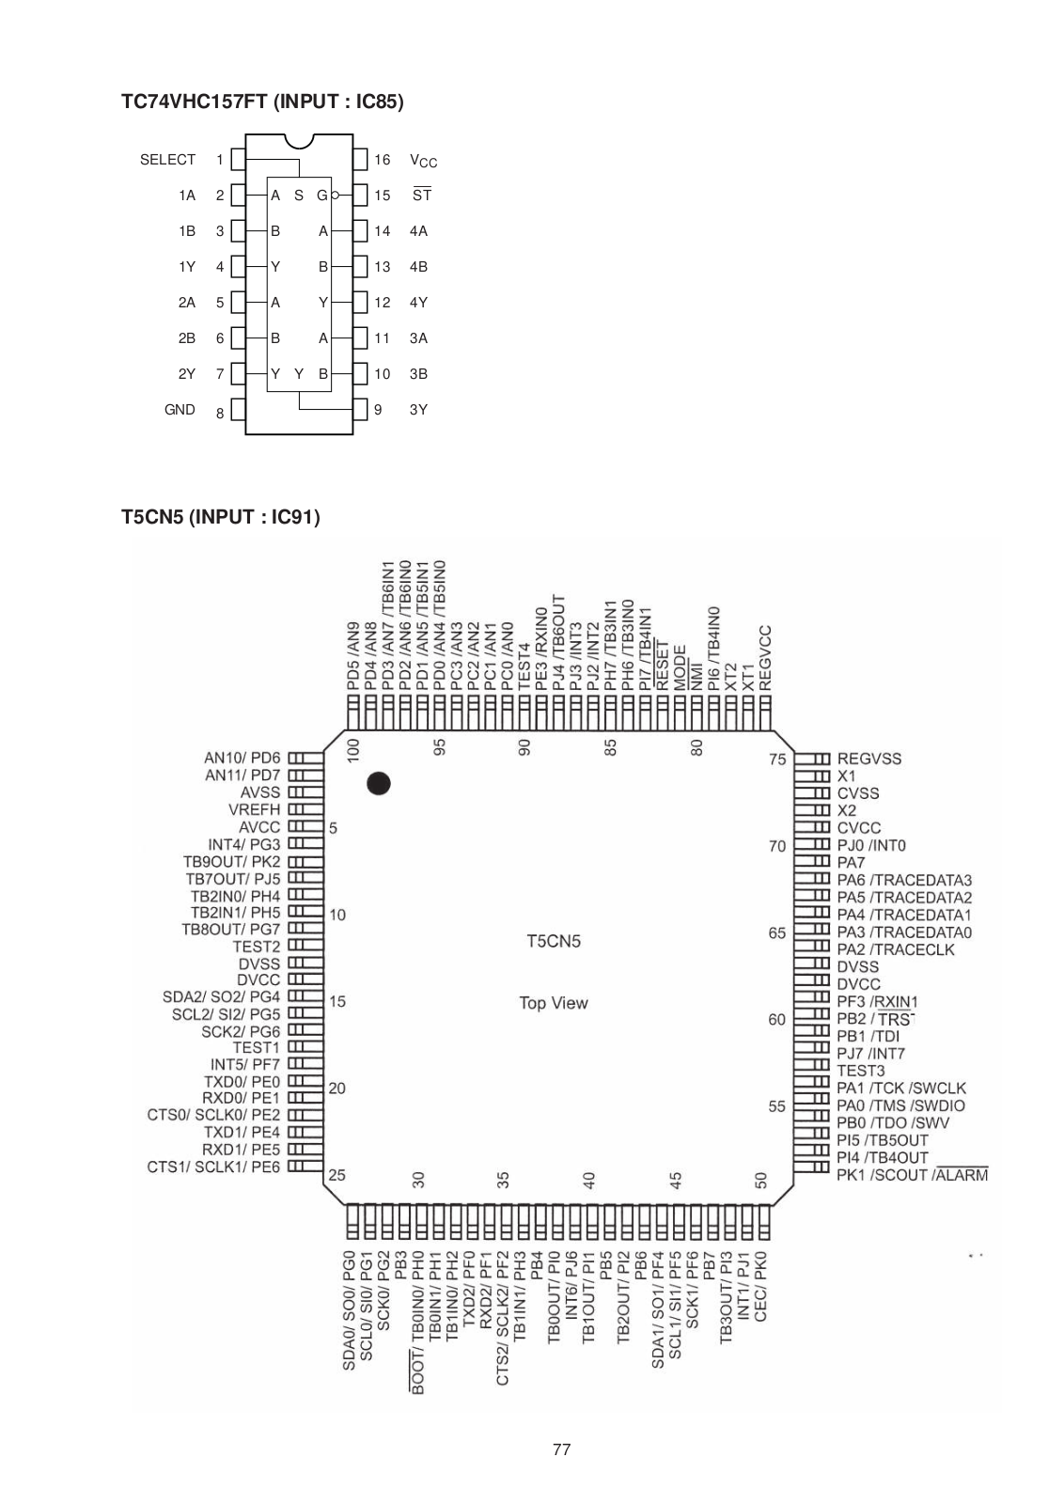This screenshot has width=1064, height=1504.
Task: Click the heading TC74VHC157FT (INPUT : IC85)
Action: pos(262,102)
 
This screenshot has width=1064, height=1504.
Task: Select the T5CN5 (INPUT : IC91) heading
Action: pos(220,517)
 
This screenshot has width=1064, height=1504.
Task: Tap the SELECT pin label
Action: pos(167,160)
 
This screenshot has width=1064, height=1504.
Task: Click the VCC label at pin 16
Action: pos(423,161)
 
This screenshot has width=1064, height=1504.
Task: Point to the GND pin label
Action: pos(180,410)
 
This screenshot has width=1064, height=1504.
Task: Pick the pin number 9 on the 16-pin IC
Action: pos(378,410)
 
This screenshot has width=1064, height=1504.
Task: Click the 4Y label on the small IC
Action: pos(418,303)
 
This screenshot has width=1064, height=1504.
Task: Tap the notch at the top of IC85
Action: pos(299,142)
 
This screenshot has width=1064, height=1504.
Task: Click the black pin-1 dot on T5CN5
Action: pos(379,783)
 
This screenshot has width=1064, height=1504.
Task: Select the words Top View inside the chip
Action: pos(554,1003)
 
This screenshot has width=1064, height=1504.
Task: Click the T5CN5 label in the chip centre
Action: pos(554,941)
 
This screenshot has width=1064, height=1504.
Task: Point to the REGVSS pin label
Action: pos(868,759)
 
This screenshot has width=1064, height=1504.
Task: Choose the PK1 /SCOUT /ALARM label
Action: pos(912,1175)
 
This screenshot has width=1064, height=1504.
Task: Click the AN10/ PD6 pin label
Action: pos(243,758)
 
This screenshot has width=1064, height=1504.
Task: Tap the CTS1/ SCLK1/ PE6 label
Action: pos(213,1167)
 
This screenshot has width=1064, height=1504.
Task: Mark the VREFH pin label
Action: pos(254,809)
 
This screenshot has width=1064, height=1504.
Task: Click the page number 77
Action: pos(561,1449)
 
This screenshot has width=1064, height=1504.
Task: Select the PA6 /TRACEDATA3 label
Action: pos(904,880)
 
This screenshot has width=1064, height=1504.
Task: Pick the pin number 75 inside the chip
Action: pos(777,759)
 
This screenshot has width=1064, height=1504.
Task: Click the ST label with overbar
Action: pos(422,196)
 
